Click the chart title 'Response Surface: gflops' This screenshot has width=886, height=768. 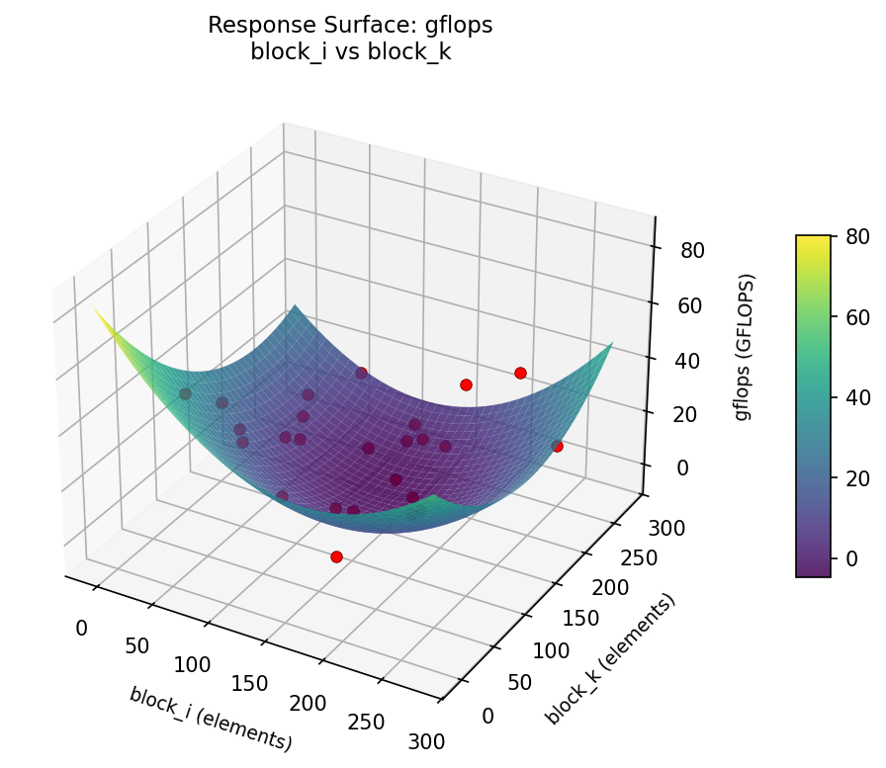click(350, 26)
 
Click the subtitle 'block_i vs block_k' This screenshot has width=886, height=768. click(350, 51)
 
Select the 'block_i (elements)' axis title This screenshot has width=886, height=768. click(211, 718)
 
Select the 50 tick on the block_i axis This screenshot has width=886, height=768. click(136, 646)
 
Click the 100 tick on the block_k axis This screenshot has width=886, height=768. click(553, 649)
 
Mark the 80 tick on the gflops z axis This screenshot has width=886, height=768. click(692, 250)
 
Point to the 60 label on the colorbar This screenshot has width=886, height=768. click(855, 317)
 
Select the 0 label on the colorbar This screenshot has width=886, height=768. click(850, 558)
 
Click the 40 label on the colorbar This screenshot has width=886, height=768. click(855, 397)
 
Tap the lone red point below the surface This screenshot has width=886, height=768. click(336, 556)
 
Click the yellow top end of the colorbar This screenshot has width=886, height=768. click(813, 240)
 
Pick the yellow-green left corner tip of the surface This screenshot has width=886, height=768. click(97, 309)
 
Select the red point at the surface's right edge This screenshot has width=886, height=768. click(557, 446)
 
